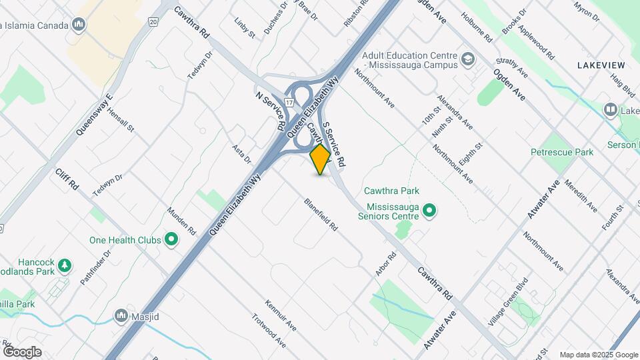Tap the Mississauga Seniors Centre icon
(430, 211)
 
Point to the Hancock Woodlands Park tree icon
(65, 265)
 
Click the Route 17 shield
(288, 102)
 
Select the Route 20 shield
(153, 22)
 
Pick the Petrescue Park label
(561, 152)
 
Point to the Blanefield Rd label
(321, 215)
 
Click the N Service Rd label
(271, 111)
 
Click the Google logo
(22, 351)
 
